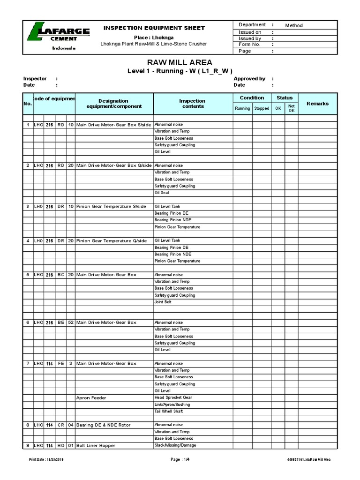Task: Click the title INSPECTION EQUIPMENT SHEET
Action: [154, 28]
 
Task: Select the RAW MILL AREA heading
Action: [180, 62]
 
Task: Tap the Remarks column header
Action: [317, 104]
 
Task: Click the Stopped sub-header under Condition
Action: [262, 108]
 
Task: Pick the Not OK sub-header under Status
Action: [292, 108]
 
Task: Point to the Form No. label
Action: [249, 45]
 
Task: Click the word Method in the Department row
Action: [294, 26]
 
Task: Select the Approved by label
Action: [249, 79]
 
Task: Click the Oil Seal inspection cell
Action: [162, 193]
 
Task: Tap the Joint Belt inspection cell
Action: [163, 302]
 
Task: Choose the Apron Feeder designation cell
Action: [91, 398]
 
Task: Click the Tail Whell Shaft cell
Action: [169, 411]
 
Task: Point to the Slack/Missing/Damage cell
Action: [175, 445]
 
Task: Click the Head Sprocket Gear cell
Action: [172, 397]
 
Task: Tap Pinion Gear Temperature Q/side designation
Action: [111, 240]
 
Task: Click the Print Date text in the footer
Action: [46, 459]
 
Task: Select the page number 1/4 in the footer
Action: [180, 459]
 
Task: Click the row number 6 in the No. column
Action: [28, 322]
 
